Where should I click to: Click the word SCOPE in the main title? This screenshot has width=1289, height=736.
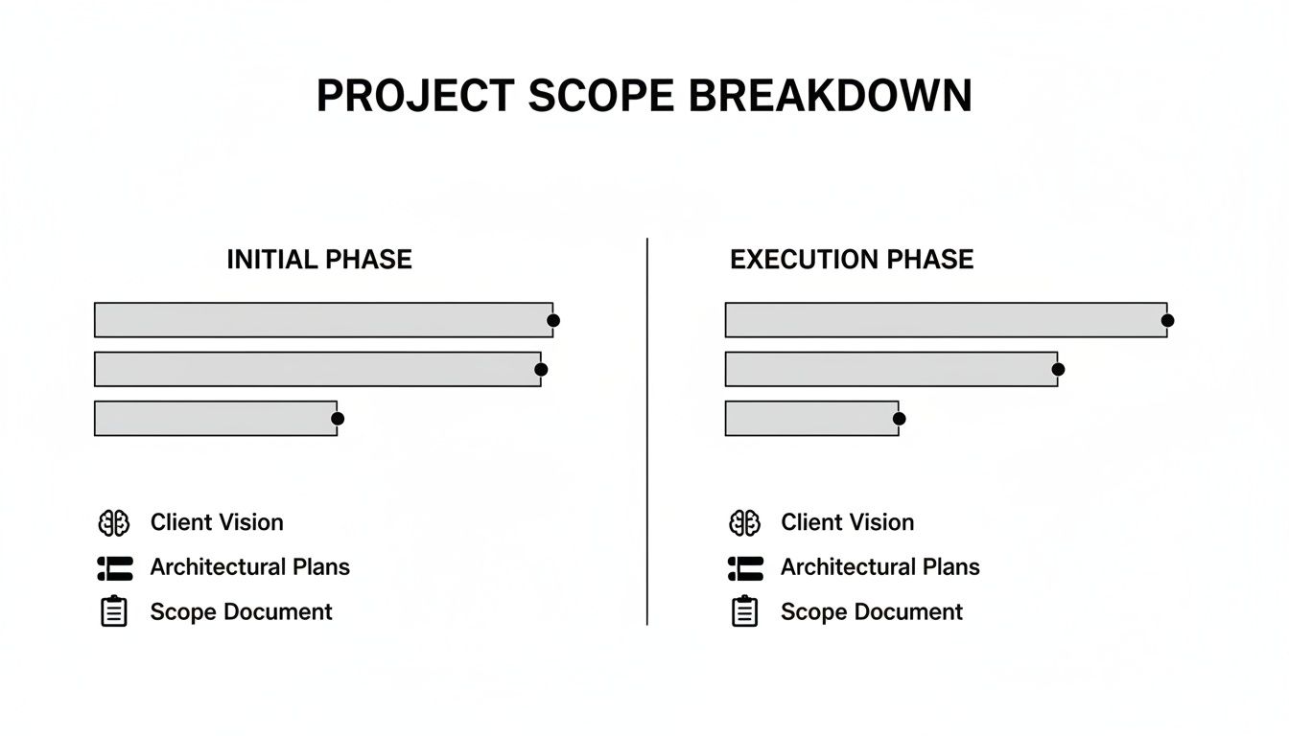(600, 96)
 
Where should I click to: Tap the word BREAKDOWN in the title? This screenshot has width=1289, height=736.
(831, 96)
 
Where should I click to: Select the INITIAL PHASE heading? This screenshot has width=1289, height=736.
(319, 260)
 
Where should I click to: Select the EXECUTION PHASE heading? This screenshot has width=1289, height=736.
(852, 260)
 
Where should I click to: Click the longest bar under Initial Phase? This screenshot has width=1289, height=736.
(323, 320)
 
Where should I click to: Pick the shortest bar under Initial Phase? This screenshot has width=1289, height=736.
(216, 418)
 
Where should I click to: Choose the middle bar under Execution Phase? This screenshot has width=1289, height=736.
(891, 369)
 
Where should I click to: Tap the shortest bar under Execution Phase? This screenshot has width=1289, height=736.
(812, 418)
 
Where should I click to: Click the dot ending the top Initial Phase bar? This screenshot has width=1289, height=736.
(553, 320)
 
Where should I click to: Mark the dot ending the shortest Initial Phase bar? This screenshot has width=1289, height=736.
(338, 419)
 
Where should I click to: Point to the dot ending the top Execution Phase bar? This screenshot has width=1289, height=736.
(1167, 320)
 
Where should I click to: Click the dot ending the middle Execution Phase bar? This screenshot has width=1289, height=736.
(1058, 369)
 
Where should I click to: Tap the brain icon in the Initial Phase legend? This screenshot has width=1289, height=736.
(114, 523)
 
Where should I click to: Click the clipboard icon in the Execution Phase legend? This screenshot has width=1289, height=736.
(744, 610)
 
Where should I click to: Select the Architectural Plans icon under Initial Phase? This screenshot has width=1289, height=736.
(115, 568)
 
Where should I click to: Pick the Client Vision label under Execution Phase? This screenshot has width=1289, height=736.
(847, 522)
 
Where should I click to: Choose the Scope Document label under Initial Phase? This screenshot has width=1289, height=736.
(241, 611)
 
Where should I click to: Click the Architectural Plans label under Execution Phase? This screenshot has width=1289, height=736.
(879, 567)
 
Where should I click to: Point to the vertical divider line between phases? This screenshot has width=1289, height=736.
(647, 431)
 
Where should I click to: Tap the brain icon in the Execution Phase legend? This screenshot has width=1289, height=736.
(744, 523)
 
